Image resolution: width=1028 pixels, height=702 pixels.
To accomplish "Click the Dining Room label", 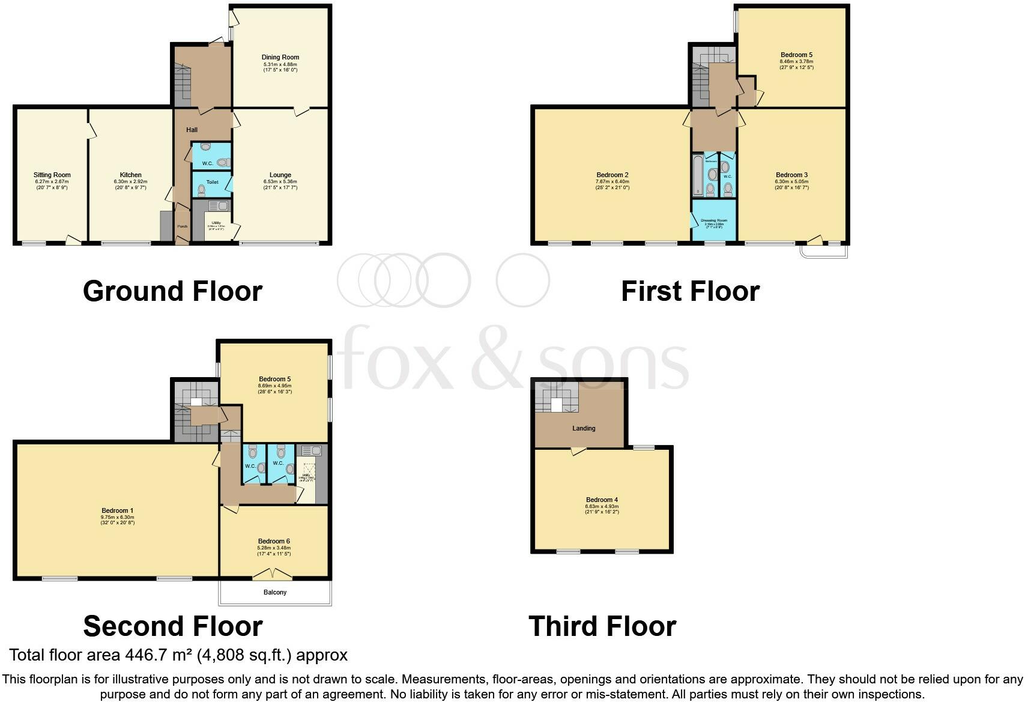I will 280,58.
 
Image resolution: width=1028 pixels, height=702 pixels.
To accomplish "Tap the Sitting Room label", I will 52,175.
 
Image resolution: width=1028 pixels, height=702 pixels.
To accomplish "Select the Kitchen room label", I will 130,175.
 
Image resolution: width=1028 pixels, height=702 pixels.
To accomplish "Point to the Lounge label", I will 280,175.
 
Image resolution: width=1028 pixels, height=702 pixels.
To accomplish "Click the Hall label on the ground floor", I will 192,130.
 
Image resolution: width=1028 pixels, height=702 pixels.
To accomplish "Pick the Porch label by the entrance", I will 182,226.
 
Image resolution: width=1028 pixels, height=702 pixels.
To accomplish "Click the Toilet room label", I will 212,182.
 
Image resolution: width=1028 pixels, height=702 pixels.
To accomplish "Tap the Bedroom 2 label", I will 612,175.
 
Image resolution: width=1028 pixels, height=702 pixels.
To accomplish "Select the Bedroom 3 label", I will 792,175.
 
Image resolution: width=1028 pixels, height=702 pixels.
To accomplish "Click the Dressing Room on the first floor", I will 714,221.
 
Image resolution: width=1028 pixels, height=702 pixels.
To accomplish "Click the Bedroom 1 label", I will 118,511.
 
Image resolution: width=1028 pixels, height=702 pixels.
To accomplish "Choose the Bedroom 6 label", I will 274,542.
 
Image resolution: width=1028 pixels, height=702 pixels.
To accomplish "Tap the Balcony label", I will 275,593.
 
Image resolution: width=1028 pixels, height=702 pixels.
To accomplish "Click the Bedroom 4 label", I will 602,500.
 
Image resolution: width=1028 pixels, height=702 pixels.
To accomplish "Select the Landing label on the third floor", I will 584,429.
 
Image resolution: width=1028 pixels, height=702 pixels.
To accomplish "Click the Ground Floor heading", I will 172,291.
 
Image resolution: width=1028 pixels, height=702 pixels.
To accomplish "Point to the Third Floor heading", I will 602,626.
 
